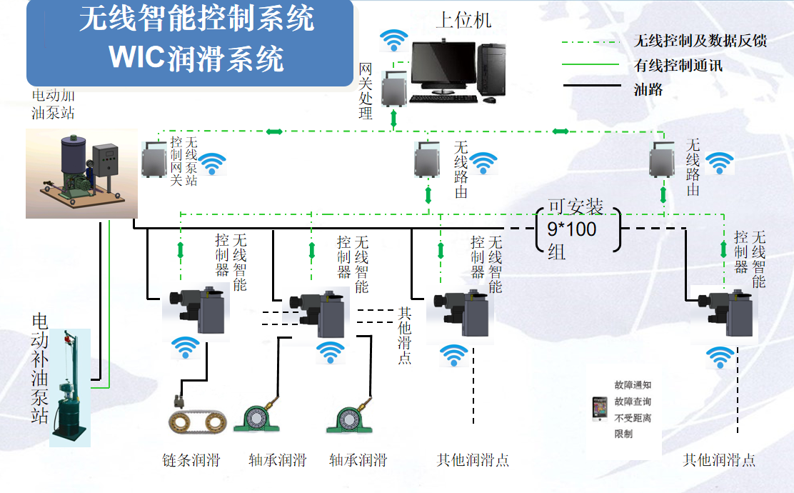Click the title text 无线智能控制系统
click(x=196, y=19)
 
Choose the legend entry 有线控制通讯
click(x=678, y=66)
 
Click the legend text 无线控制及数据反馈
click(x=700, y=41)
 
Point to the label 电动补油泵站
click(x=40, y=368)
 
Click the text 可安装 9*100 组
click(x=576, y=229)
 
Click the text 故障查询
click(x=633, y=402)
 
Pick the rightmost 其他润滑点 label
click(x=719, y=459)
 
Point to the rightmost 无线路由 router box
click(x=663, y=161)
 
